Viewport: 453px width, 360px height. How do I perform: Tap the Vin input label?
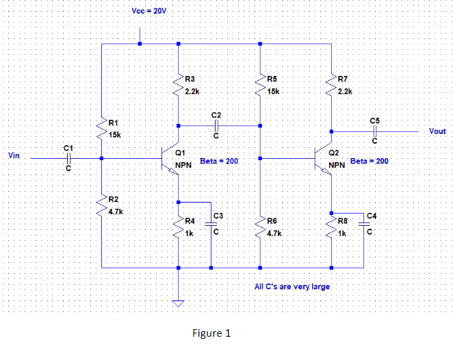13,156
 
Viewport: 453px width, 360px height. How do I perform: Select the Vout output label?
437,130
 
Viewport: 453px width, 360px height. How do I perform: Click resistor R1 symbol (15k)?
101,128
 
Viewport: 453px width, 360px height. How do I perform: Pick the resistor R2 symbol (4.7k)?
101,205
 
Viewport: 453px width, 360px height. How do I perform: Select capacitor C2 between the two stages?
216,125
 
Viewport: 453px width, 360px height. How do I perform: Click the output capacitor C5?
374,131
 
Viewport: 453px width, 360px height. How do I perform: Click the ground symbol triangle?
178,304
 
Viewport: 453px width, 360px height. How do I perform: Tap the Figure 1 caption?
213,333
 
